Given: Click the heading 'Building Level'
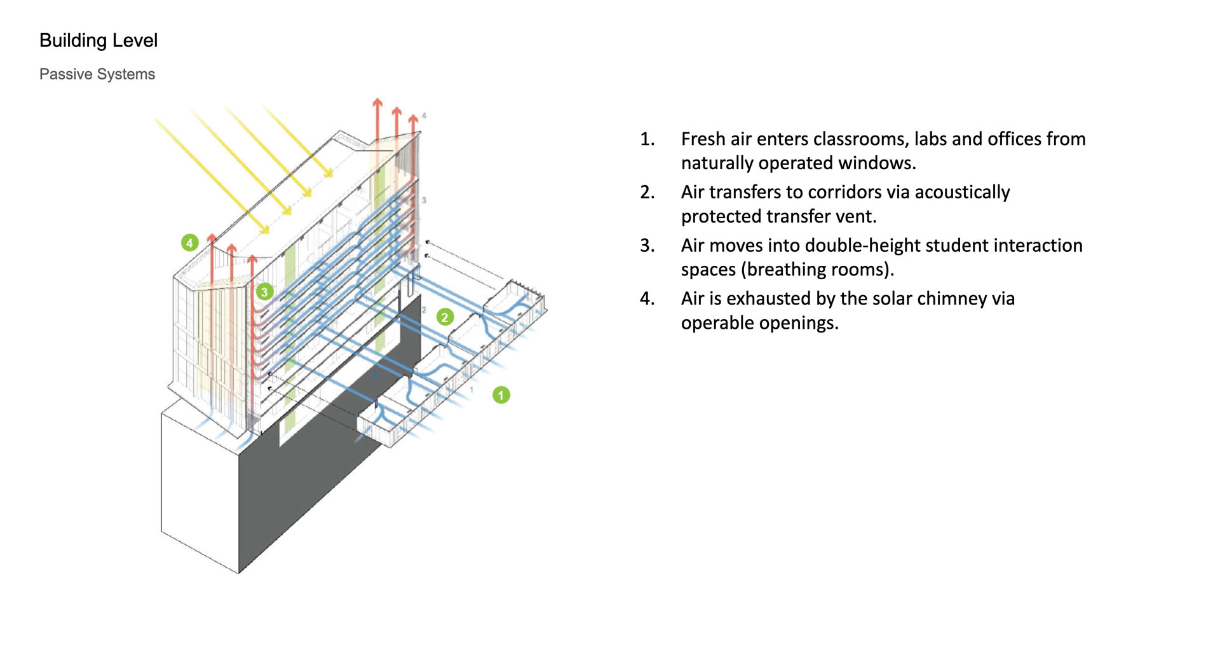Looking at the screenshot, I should coord(98,41).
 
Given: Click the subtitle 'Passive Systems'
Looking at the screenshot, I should coord(97,74).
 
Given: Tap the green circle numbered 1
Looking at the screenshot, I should coord(501,396).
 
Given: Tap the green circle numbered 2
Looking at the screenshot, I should coord(445,317).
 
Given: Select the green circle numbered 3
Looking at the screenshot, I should coord(264,292).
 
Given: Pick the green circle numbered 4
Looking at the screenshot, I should coord(189,243).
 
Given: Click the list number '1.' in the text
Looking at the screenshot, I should coord(647,139).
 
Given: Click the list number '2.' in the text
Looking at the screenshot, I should coord(647,192).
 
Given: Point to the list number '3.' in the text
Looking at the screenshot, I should coord(647,245).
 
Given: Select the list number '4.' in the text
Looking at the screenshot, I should coord(647,299).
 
